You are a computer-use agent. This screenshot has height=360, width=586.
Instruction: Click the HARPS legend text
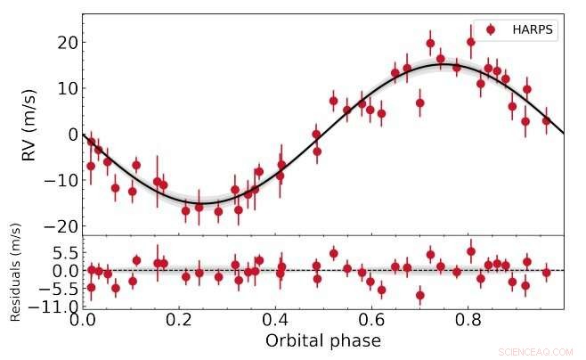[x=533, y=29]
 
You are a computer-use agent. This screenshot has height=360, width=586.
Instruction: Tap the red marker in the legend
[x=490, y=29]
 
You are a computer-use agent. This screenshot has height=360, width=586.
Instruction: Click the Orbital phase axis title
[x=322, y=340]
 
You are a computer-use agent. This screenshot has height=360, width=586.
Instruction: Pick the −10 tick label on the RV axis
[x=61, y=180]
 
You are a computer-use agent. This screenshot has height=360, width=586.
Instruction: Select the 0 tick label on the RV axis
[x=70, y=134]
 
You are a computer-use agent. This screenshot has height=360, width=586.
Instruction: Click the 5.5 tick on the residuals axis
[x=62, y=253]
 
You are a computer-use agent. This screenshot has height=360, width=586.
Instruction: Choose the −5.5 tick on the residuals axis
[x=59, y=289]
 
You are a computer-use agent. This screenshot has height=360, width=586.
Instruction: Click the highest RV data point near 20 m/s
[x=471, y=42]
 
